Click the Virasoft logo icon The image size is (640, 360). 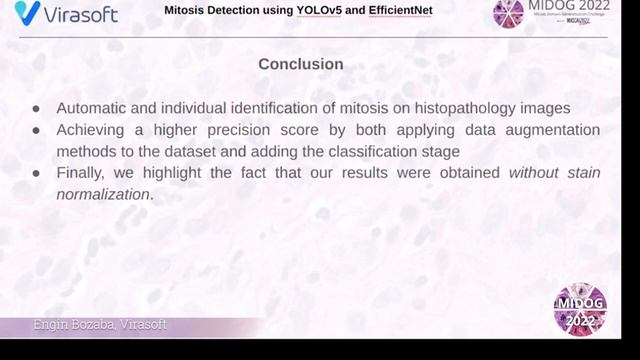(x=27, y=13)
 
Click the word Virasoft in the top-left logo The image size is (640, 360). (x=79, y=14)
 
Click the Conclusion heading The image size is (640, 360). (x=301, y=64)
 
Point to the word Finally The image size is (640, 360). (x=83, y=173)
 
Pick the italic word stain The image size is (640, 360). (x=583, y=173)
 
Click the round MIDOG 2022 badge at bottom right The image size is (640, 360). (x=580, y=309)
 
